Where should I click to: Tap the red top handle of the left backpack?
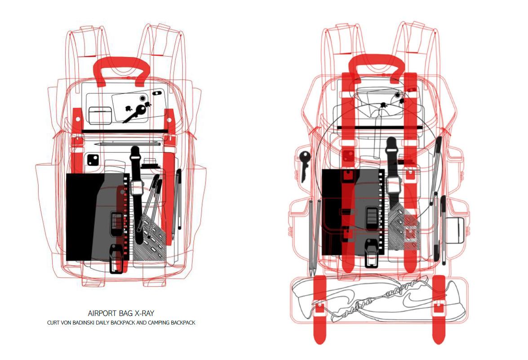click(121, 68)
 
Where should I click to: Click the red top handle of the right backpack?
click(377, 63)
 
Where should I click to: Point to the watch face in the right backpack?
click(394, 184)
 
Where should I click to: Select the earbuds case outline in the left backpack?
click(100, 116)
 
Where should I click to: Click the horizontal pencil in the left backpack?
click(128, 144)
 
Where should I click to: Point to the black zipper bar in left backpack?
click(122, 131)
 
